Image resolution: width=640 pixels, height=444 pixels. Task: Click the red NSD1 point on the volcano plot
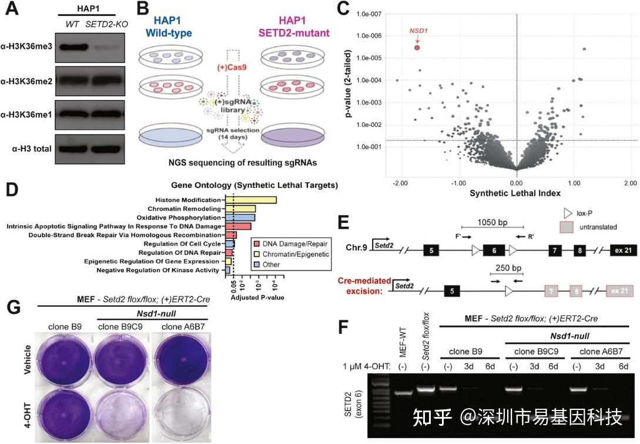pyautogui.click(x=417, y=48)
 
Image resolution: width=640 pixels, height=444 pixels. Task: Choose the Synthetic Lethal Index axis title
pyautogui.click(x=516, y=192)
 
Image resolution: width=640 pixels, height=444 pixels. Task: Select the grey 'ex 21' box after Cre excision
pyautogui.click(x=619, y=291)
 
